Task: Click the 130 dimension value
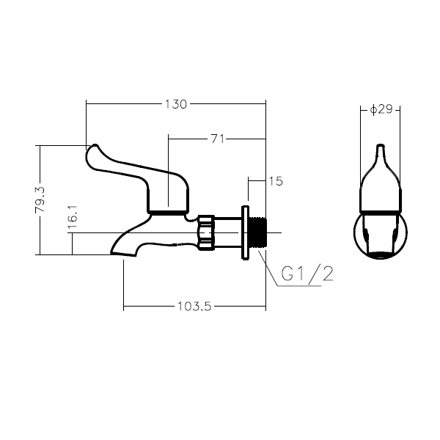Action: tap(175, 104)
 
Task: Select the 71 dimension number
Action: tap(217, 138)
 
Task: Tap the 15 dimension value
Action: tap(276, 180)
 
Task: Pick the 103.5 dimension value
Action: tap(194, 307)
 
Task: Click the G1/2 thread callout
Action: tap(307, 274)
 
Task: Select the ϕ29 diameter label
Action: tap(382, 109)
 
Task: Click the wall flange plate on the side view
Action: tap(244, 232)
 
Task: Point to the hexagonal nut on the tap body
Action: tap(205, 232)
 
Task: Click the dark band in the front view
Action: tap(381, 211)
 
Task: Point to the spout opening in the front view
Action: tap(381, 254)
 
